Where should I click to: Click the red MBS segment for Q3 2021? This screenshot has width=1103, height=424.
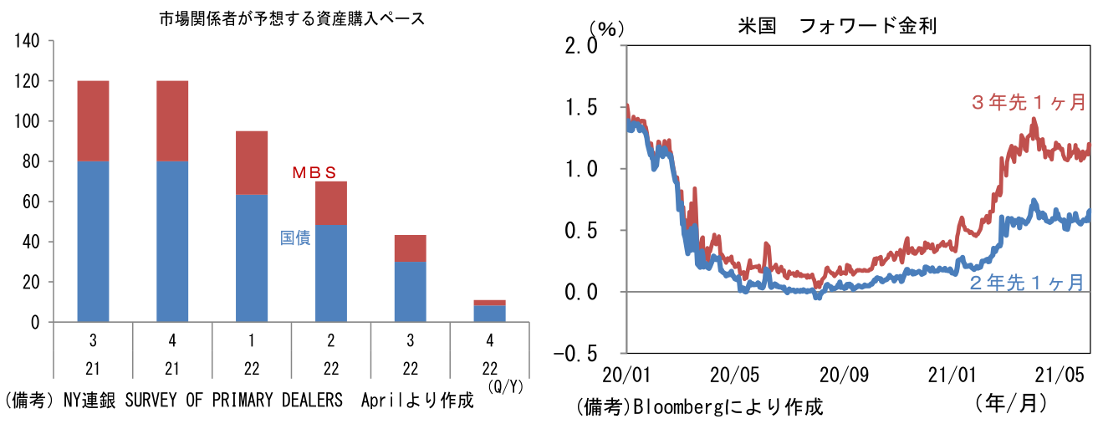93,120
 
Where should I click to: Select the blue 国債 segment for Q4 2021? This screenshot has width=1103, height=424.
171,241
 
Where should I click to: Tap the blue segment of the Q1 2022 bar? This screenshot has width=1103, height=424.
251,258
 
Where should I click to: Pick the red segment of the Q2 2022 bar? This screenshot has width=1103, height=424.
330,203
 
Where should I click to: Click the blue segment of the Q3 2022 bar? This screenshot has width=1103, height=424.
410,291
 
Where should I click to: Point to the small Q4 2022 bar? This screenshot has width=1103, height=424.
489,311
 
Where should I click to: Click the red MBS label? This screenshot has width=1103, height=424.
314,173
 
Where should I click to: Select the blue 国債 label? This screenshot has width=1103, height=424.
295,238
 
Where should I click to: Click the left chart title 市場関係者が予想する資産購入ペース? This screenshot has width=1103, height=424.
292,19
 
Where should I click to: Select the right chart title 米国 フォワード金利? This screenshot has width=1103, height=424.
836,26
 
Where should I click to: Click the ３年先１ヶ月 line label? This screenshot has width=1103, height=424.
1028,103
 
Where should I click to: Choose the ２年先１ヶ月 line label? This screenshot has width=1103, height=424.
1028,283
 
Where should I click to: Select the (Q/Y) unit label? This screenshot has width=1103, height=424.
504,388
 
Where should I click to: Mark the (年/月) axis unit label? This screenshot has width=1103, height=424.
1010,404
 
